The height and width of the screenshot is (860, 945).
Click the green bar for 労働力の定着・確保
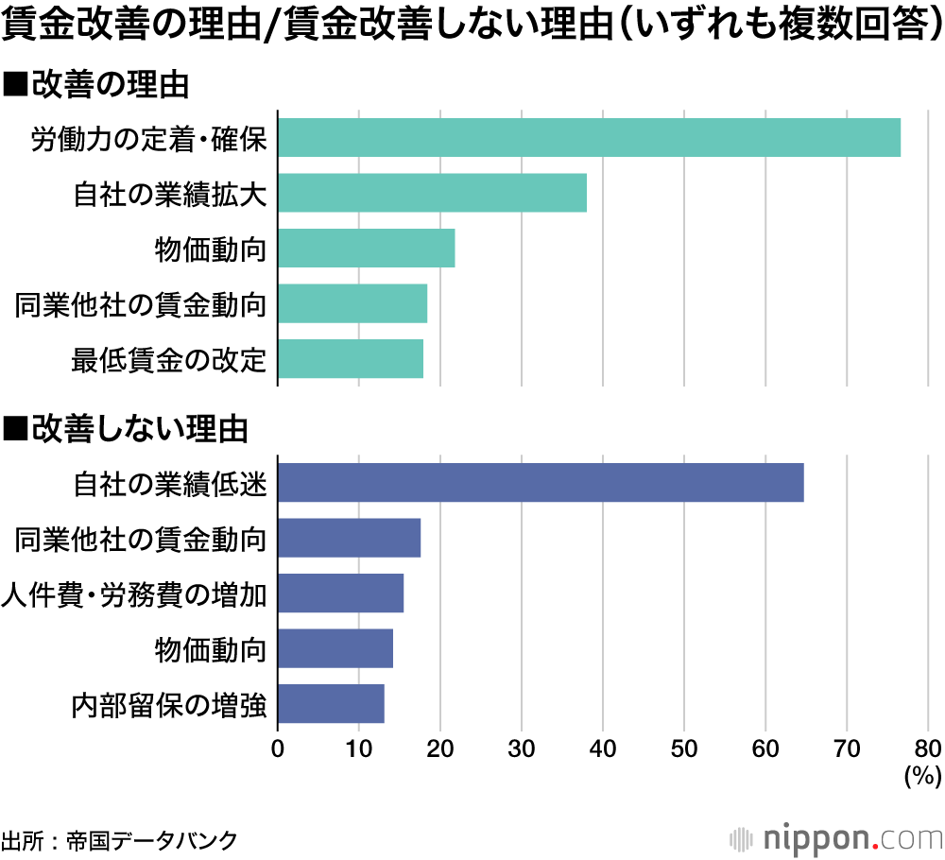pyautogui.click(x=589, y=138)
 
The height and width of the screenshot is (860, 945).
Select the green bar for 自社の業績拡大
pyautogui.click(x=432, y=193)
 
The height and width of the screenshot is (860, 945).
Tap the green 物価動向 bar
pyautogui.click(x=366, y=249)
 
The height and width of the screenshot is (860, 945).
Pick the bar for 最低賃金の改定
pyautogui.click(x=351, y=359)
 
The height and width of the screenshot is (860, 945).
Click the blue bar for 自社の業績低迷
pyautogui.click(x=541, y=483)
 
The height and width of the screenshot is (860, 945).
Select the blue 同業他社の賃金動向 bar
pyautogui.click(x=349, y=539)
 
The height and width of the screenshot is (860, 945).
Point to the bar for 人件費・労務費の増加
pyautogui.click(x=340, y=593)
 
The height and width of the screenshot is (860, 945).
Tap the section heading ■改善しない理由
pyautogui.click(x=127, y=429)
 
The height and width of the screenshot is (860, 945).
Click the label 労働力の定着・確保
pyautogui.click(x=148, y=139)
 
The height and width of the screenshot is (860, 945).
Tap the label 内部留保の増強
pyautogui.click(x=169, y=705)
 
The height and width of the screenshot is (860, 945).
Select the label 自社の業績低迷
pyautogui.click(x=169, y=484)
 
